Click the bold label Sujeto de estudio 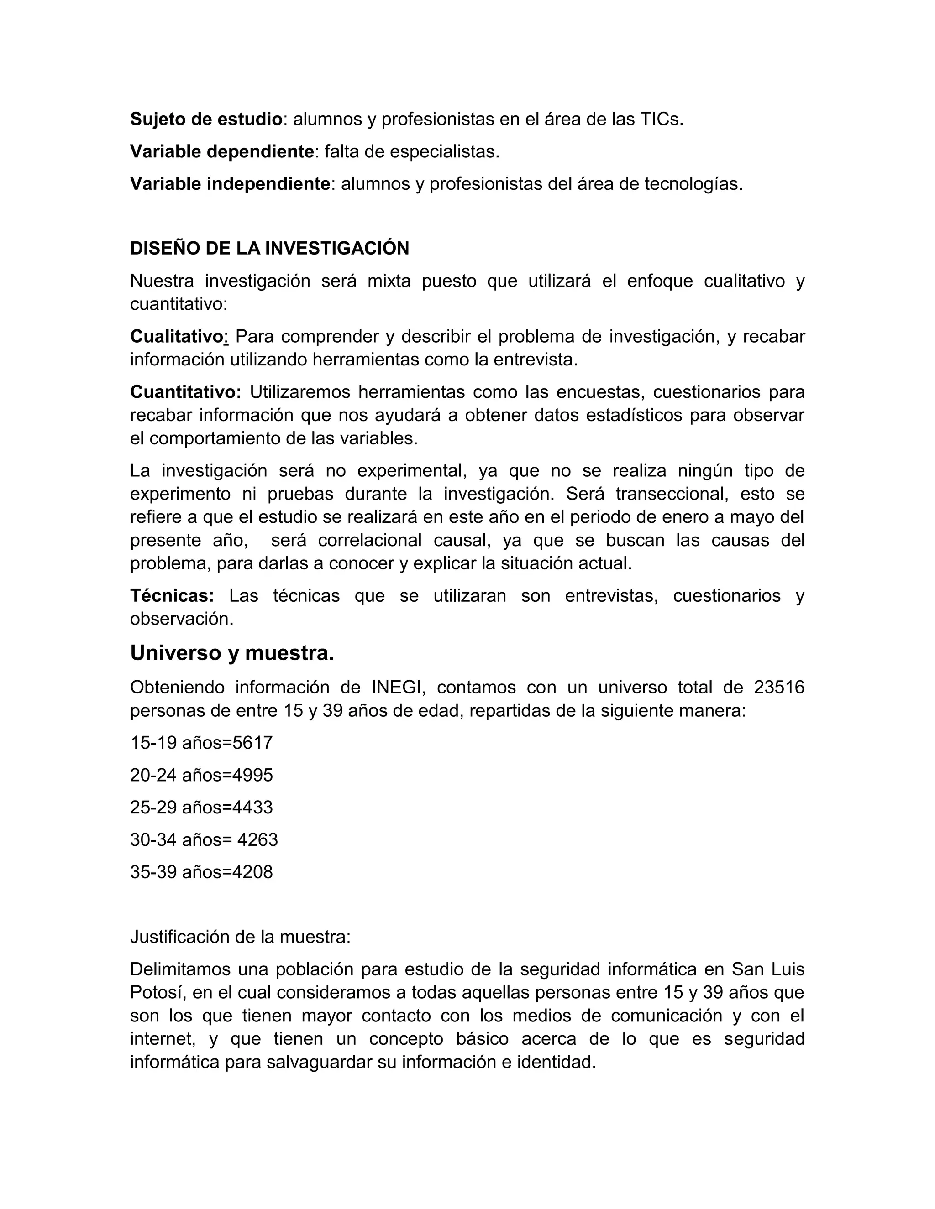point(206,120)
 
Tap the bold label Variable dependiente point(221,151)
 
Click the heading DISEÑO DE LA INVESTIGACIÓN point(269,249)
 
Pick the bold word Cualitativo point(176,337)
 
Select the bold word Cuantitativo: point(185,392)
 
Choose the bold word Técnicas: point(172,596)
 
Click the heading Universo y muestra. point(231,653)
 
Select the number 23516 point(779,688)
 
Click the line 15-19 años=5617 point(201,743)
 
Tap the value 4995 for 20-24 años point(252,775)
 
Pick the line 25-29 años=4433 point(201,807)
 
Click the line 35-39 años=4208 point(201,872)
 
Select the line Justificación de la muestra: point(240,937)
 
